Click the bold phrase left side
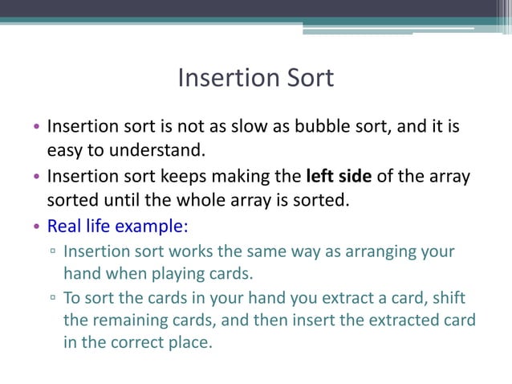(339, 175)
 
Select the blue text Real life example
(117, 224)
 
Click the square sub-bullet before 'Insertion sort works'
(53, 252)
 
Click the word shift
(448, 298)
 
